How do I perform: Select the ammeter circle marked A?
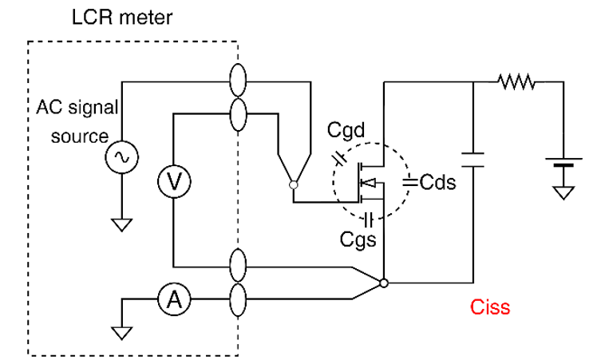[172, 299]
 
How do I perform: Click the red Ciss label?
[489, 307]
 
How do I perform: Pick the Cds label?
[437, 182]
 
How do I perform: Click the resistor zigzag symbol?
[516, 81]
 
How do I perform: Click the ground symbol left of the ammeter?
[123, 327]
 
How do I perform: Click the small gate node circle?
[294, 184]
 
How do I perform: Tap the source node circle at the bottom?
[384, 283]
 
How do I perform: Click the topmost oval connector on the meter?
[237, 81]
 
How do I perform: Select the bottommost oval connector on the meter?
[237, 300]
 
